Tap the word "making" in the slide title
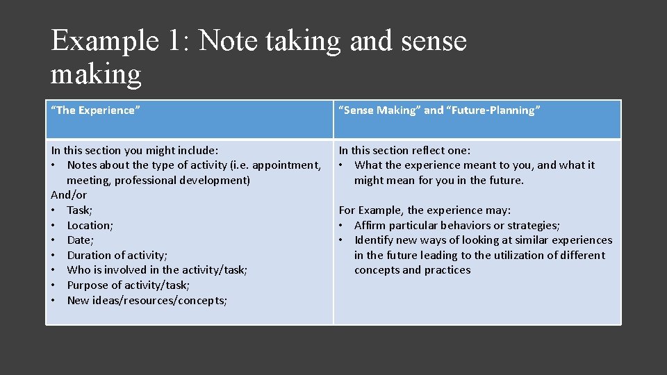[x=96, y=73]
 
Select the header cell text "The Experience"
[x=96, y=110]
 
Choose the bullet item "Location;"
[x=90, y=225]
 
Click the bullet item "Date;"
[x=80, y=240]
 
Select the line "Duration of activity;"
[x=117, y=255]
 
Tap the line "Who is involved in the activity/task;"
[x=157, y=270]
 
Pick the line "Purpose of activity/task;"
[x=128, y=285]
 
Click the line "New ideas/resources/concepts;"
[x=147, y=300]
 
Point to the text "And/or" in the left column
[x=69, y=195]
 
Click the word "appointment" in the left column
[x=286, y=165]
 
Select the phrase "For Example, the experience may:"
[x=425, y=210]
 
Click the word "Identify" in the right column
[x=374, y=240]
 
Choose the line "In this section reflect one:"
[x=404, y=150]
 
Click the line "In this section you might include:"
[x=135, y=150]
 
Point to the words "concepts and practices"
[x=412, y=270]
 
